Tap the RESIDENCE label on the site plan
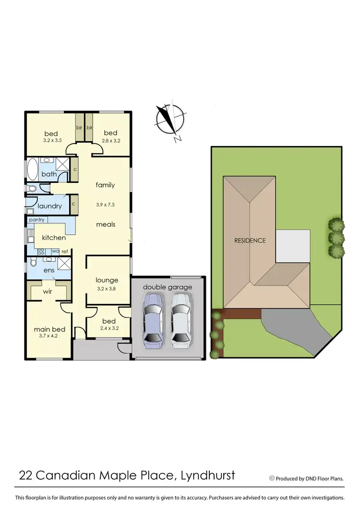(x=250, y=240)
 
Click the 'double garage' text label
(x=168, y=287)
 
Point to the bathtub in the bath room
(x=33, y=170)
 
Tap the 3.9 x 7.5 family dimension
(x=105, y=205)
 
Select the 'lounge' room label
(x=107, y=280)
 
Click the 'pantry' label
(x=36, y=220)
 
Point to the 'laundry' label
(x=50, y=206)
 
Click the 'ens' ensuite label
(x=49, y=270)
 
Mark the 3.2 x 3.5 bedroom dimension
(x=51, y=141)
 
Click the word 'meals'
(x=106, y=224)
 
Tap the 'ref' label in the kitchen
(x=65, y=251)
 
